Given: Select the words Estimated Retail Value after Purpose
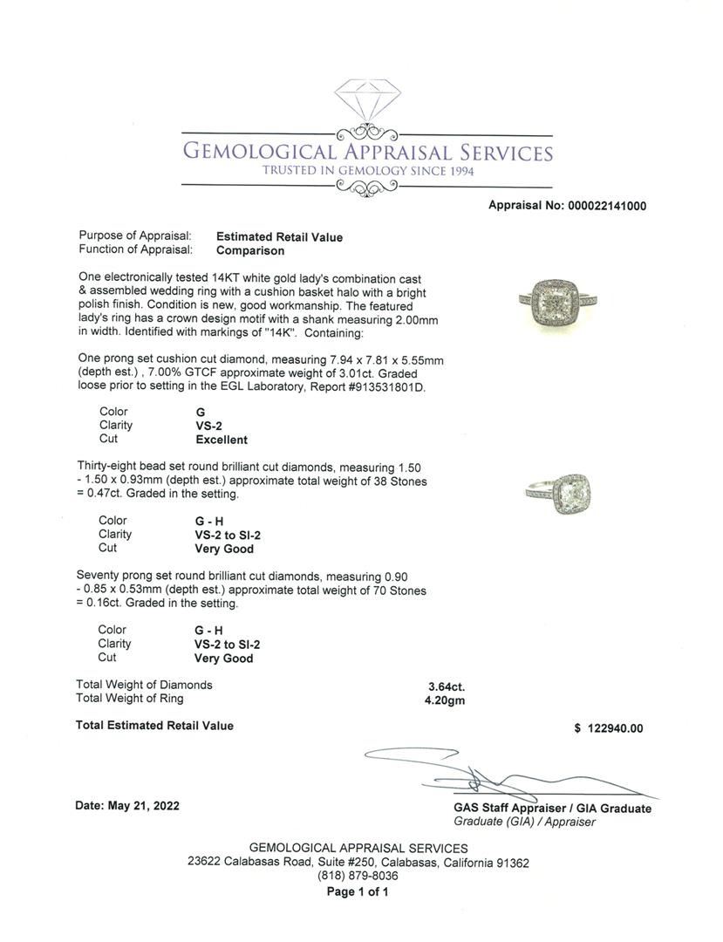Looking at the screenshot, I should pos(279,236).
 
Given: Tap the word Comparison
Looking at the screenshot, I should pos(250,250).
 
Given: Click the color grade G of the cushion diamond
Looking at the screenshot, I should pos(201,412).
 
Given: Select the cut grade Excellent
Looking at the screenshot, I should pos(222,440).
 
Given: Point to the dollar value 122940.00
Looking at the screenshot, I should pos(615,728).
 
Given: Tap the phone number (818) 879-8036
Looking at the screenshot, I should pos(358,877).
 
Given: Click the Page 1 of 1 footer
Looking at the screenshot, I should pos(358,891).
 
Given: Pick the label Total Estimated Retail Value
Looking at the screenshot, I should pos(154,725).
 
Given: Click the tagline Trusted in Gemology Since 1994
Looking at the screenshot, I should pos(368,171).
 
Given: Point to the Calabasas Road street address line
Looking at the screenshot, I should pos(358,863).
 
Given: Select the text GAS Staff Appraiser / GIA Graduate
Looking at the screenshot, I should pos(552,809).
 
